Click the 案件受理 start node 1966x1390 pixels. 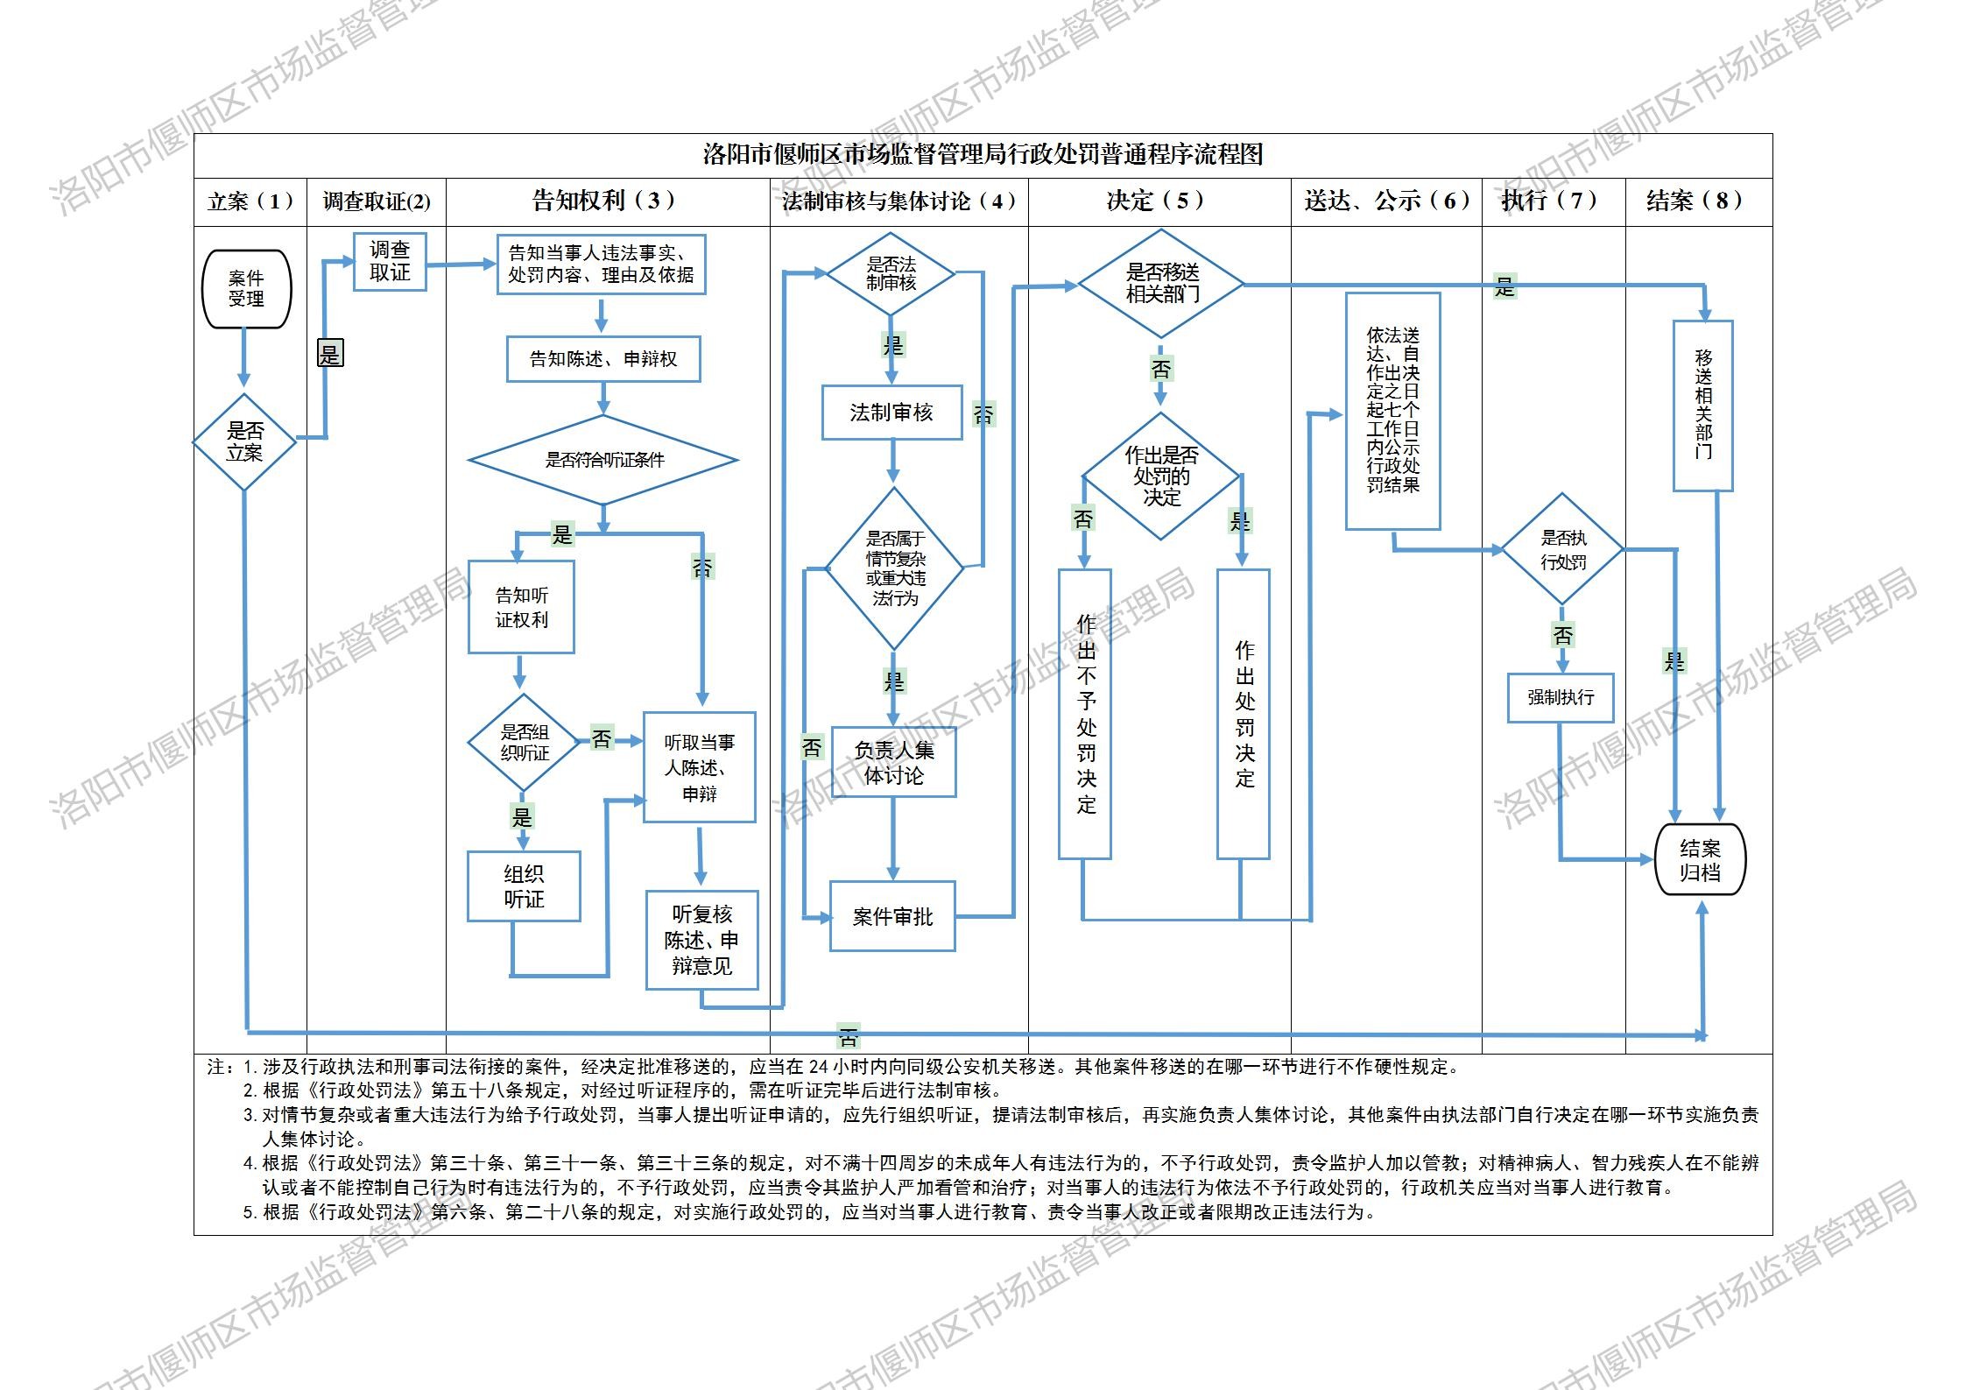[x=246, y=289]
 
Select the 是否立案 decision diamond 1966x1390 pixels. [x=244, y=441]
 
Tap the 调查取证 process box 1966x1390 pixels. [x=390, y=261]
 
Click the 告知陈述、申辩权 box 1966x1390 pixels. [x=603, y=359]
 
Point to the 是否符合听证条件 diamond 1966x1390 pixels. [x=603, y=460]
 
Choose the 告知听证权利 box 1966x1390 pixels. [x=521, y=607]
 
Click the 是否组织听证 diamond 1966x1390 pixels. [x=524, y=743]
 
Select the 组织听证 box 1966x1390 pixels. [x=524, y=886]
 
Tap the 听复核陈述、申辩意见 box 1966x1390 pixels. [x=701, y=940]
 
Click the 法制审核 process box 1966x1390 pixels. [x=891, y=413]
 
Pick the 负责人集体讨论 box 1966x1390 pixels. [x=893, y=762]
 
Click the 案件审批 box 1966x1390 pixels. [x=892, y=916]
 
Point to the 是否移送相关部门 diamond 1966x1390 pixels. [x=1161, y=284]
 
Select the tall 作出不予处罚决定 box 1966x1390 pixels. [x=1085, y=714]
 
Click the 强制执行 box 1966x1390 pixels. [x=1561, y=697]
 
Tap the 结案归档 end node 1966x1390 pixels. [x=1700, y=859]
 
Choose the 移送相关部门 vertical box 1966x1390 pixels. [x=1702, y=405]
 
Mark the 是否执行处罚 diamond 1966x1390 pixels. [x=1563, y=549]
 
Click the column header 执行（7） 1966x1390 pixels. [x=1553, y=201]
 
